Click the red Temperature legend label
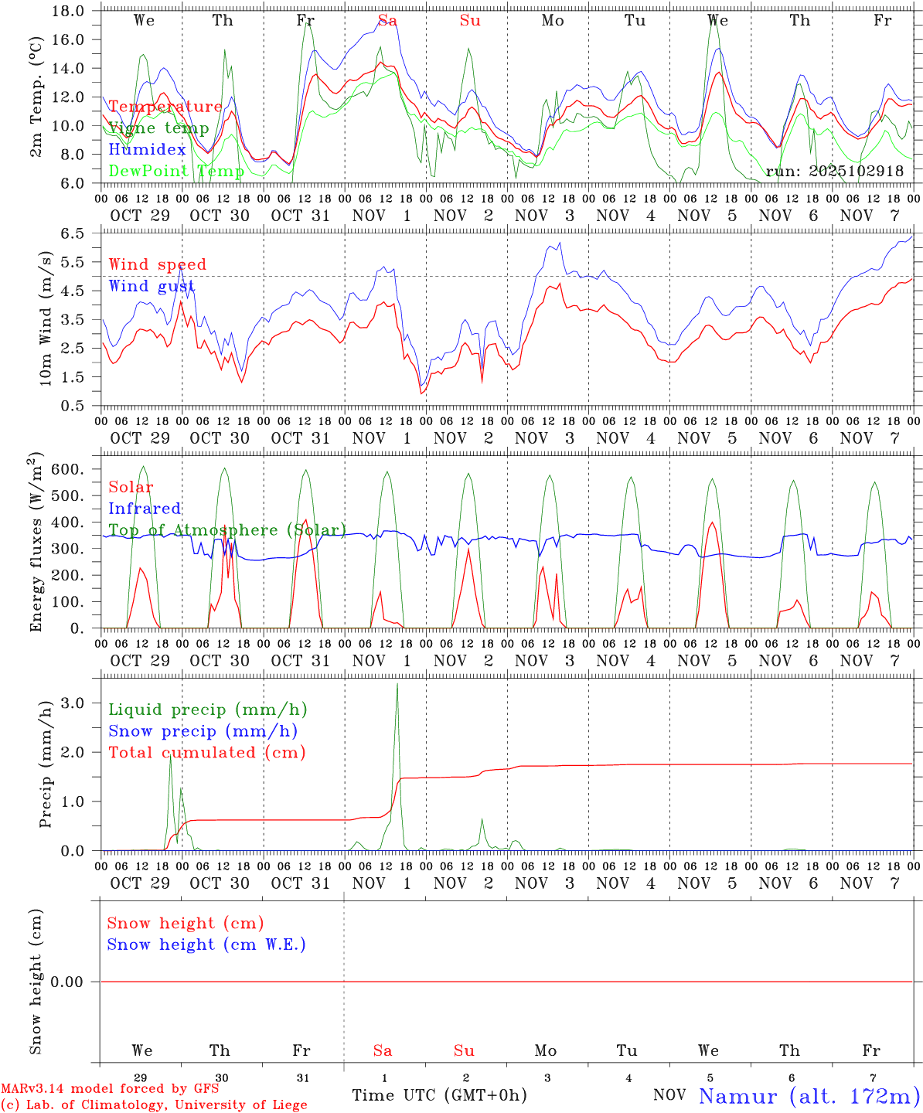pos(165,107)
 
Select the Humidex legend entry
pos(147,149)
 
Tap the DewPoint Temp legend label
pos(176,171)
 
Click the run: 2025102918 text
pos(834,171)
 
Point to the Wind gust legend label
pos(152,286)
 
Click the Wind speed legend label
pos(158,264)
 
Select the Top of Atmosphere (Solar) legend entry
pos(227,530)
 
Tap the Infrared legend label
pos(145,509)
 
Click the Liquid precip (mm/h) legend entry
pos(208,710)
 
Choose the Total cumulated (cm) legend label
pos(207,752)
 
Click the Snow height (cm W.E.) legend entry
pos(206,945)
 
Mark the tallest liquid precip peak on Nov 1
pos(397,684)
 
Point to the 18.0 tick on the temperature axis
pos(69,11)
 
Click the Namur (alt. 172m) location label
pos(809,1096)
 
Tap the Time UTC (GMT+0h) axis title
pos(439,1095)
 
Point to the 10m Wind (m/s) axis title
pos(46,318)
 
